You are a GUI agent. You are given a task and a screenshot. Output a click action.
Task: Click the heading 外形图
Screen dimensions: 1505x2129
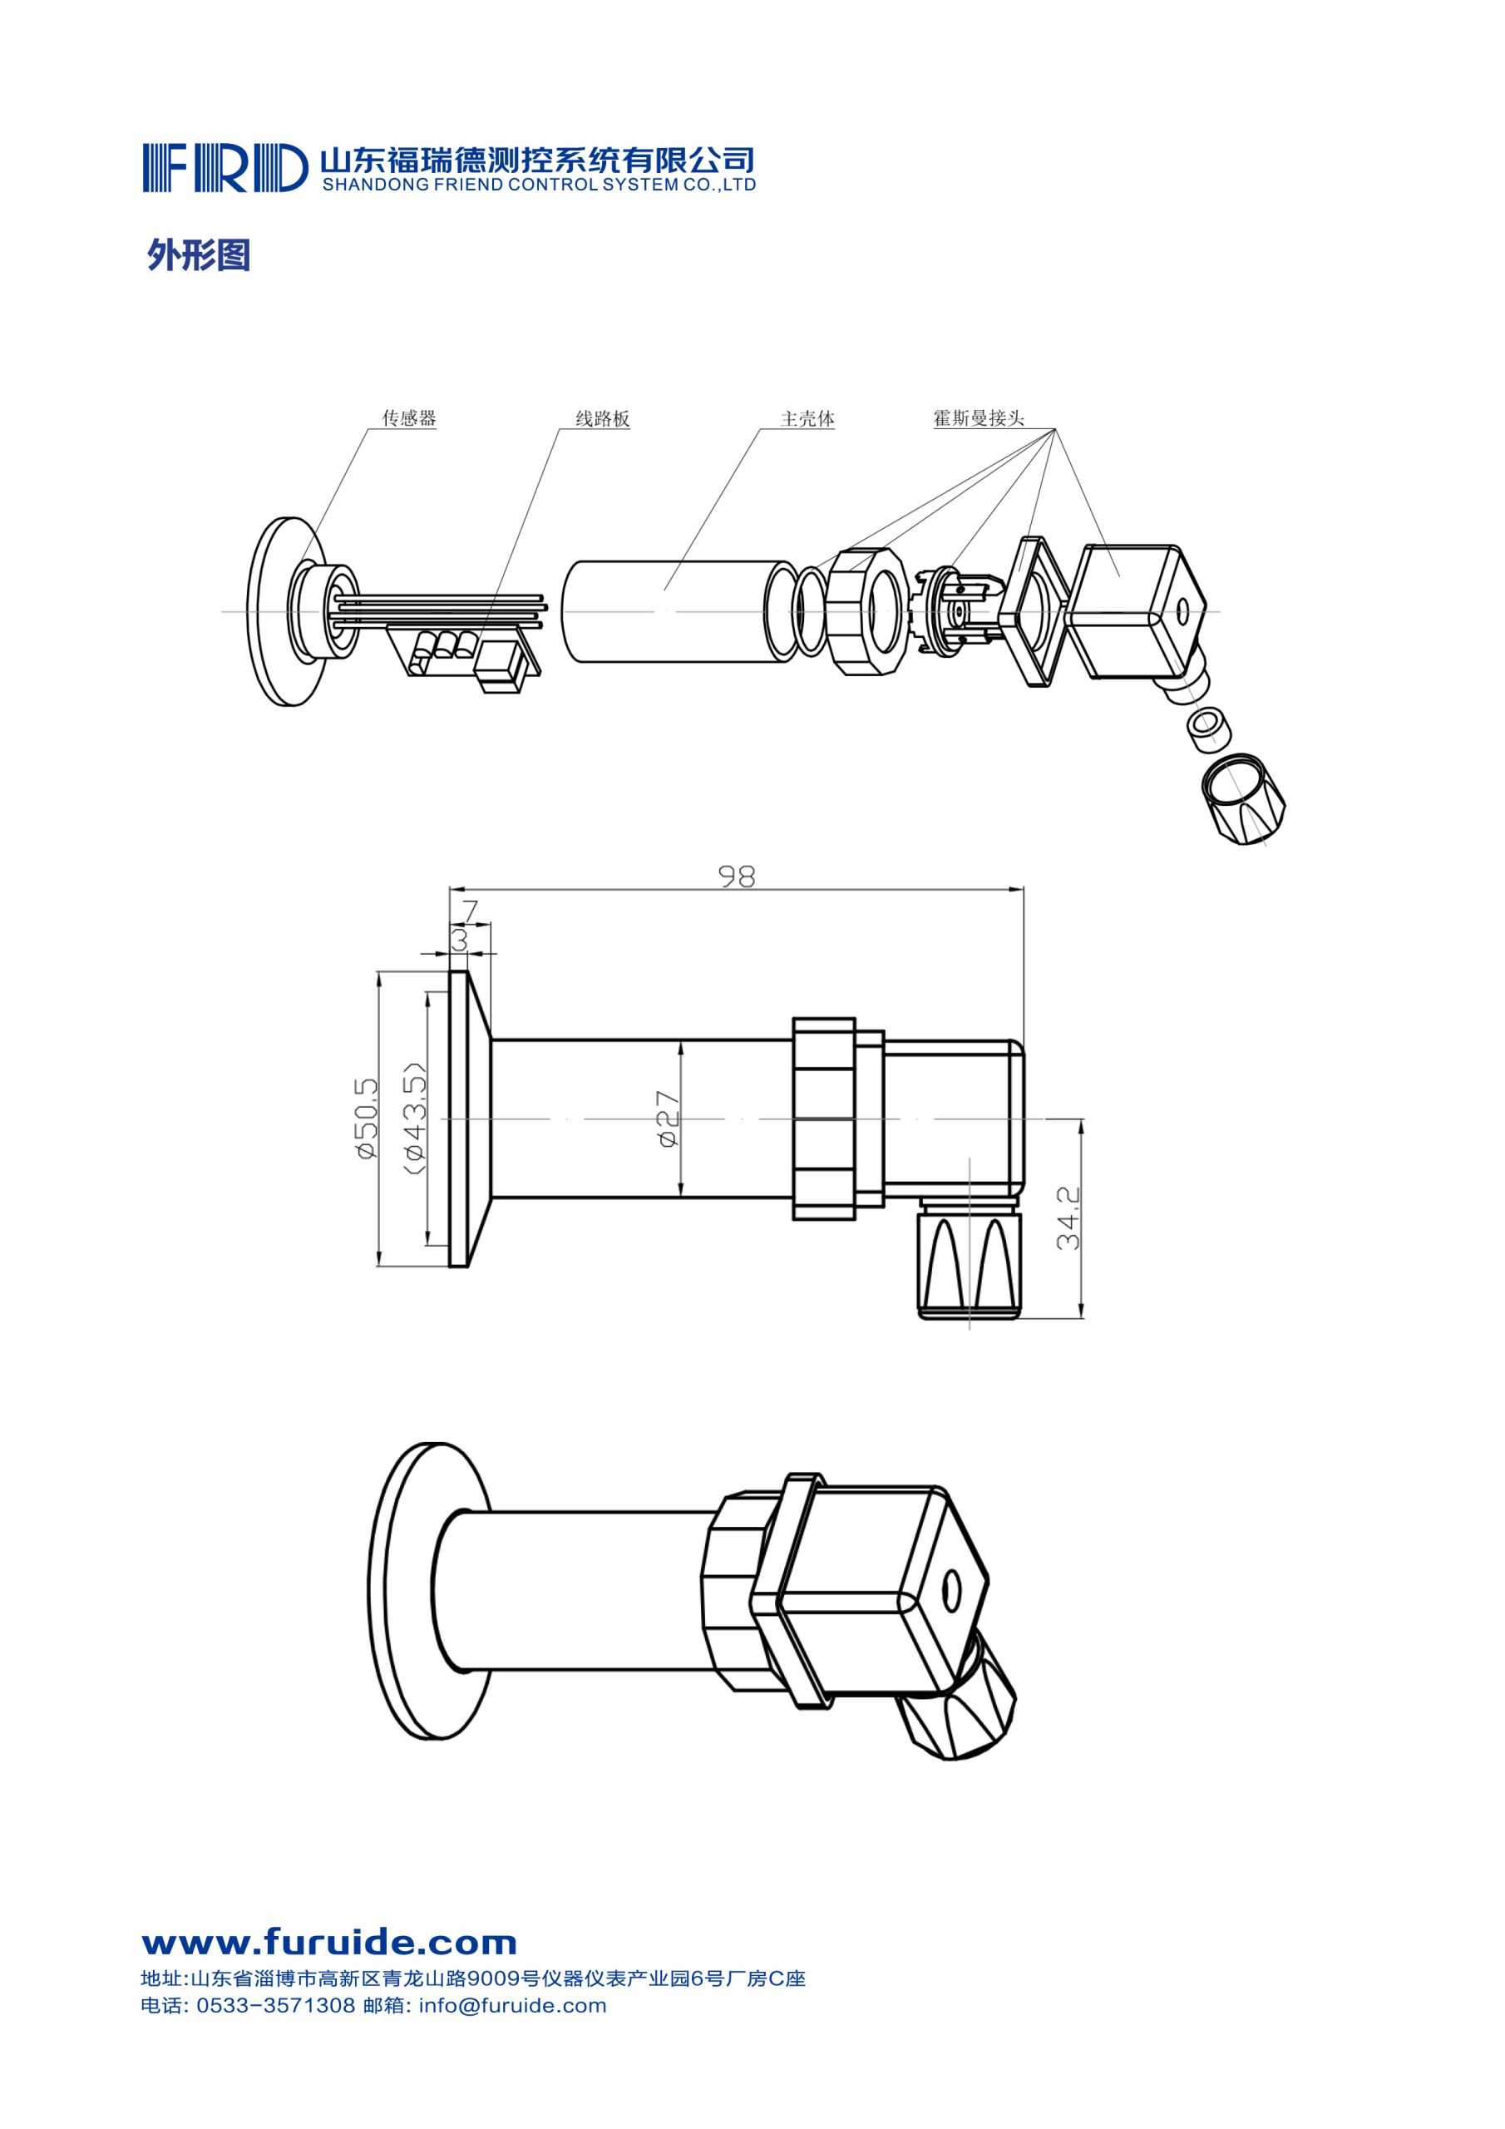(x=199, y=255)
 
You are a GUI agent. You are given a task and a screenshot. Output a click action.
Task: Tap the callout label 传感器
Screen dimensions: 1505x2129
(x=409, y=418)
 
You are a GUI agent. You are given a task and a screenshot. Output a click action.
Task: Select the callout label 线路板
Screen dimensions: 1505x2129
(x=603, y=419)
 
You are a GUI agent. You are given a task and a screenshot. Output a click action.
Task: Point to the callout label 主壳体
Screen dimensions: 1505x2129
(x=807, y=419)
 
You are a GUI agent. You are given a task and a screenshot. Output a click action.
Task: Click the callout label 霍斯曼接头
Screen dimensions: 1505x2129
(x=979, y=418)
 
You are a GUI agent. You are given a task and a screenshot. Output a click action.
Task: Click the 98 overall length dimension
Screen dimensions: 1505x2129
(x=738, y=877)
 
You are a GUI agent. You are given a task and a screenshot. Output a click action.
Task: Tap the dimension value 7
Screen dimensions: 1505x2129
(x=470, y=911)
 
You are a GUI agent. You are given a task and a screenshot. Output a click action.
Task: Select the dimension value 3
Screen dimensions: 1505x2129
(x=459, y=941)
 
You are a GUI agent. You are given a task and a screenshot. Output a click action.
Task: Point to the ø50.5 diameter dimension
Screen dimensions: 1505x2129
(x=365, y=1118)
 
